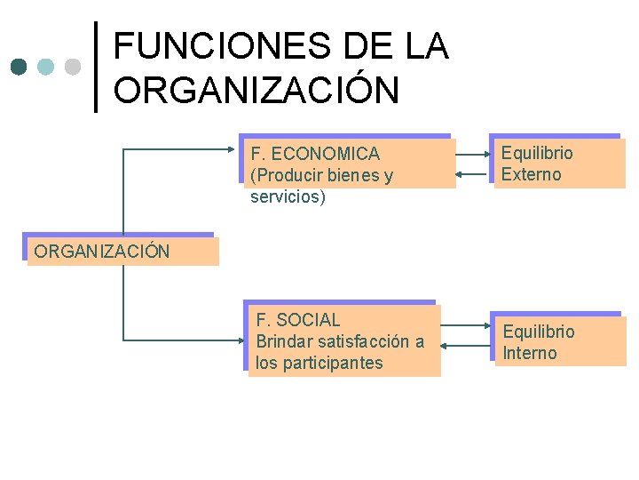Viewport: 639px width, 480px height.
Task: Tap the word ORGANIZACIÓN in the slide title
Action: coord(256,90)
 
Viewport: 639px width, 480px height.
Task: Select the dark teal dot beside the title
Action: coord(20,67)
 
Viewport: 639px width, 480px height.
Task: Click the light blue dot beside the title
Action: coord(46,67)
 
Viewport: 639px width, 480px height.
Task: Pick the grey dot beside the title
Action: coord(73,67)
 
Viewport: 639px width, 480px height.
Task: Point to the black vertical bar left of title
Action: coord(96,67)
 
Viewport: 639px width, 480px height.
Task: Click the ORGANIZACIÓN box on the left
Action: coord(122,251)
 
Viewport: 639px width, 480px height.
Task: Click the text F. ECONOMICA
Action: coord(315,154)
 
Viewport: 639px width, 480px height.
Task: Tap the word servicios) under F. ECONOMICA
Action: coord(288,196)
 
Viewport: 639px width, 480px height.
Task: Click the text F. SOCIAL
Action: coord(298,320)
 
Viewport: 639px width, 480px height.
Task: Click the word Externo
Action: coord(531,174)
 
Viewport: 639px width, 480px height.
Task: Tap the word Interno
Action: coord(530,353)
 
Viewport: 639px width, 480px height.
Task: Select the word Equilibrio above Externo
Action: coord(537,153)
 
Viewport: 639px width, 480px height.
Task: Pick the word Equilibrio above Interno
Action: coord(539,332)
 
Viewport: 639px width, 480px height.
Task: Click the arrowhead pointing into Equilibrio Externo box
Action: coord(485,153)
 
